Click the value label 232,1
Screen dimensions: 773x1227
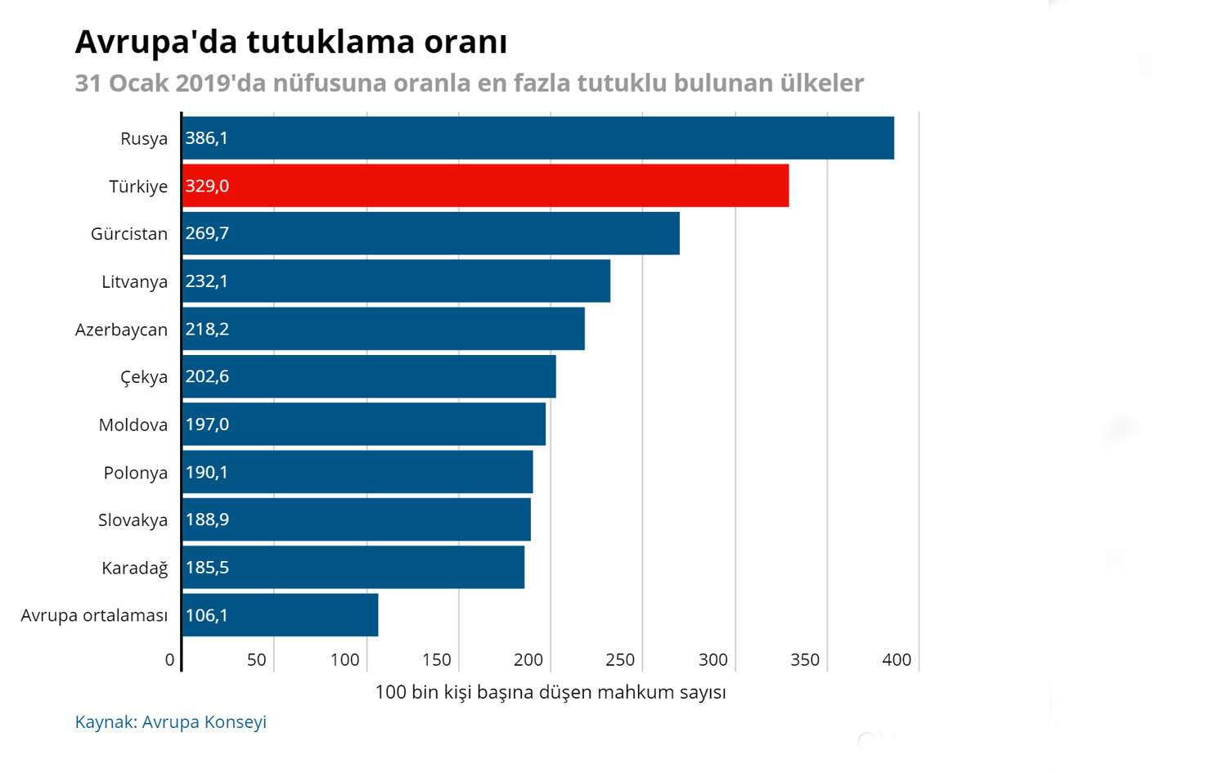tap(207, 281)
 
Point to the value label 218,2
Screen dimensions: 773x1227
tap(207, 329)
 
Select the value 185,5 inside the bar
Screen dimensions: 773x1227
tap(207, 568)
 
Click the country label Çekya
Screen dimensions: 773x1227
tap(144, 377)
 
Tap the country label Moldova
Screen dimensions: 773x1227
tap(133, 425)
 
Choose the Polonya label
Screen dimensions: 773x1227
tap(136, 473)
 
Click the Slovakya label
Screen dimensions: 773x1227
tap(133, 520)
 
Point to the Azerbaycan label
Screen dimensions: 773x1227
tap(121, 330)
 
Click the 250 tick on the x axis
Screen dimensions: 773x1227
tap(620, 660)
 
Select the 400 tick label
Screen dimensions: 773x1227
tap(897, 660)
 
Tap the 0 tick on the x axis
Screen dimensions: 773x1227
tap(169, 660)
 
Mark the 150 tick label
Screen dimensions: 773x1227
tap(436, 660)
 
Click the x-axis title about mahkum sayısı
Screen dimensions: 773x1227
tap(551, 692)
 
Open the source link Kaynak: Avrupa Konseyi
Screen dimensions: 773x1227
tap(170, 722)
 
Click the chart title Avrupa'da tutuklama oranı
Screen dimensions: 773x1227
tap(291, 42)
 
